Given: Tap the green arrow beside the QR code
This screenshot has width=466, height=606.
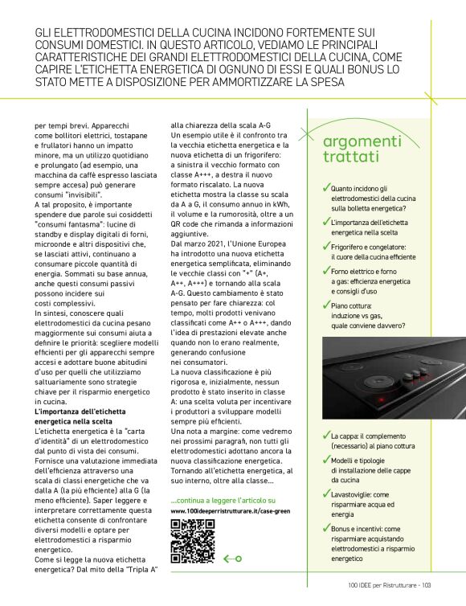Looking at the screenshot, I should pyautogui.click(x=232, y=558).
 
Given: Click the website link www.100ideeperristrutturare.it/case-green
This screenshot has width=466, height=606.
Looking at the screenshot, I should pyautogui.click(x=227, y=511).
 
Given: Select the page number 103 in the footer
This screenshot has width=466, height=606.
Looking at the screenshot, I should pyautogui.click(x=427, y=585).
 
